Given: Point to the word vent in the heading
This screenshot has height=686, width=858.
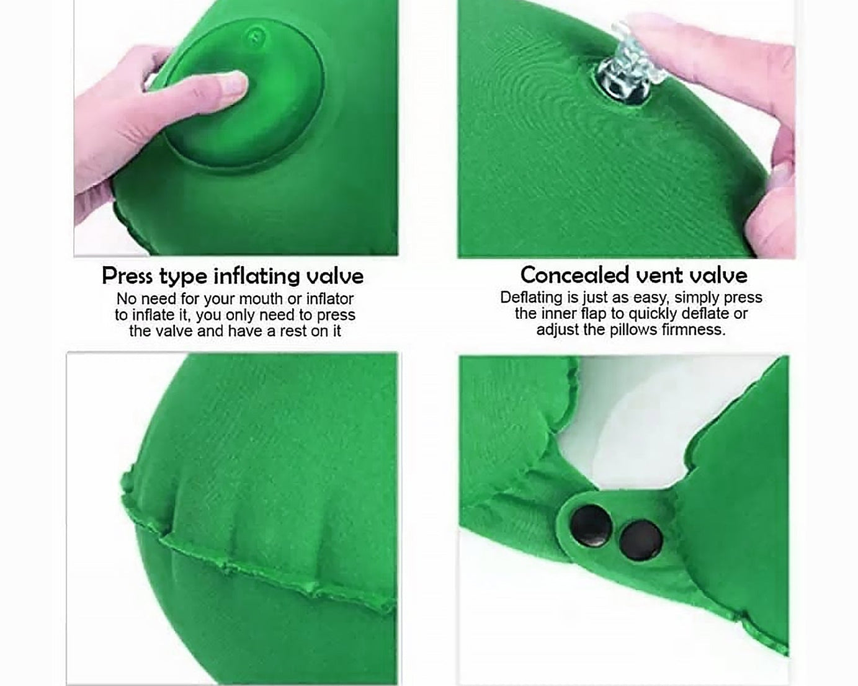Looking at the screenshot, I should pos(658,274).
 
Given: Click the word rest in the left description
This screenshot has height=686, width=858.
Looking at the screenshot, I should pos(293,331).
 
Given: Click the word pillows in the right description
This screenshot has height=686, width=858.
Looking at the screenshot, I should pos(633,329).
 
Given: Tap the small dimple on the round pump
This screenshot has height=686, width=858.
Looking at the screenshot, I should pos(256,36).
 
